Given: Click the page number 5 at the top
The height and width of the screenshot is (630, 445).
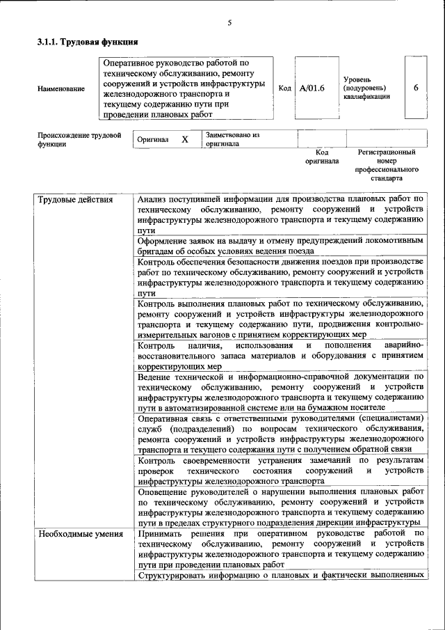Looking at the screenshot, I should tap(229, 24).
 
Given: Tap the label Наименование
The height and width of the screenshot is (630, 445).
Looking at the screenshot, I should tap(62, 89).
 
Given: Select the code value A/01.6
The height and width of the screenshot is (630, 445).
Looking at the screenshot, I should tap(312, 88).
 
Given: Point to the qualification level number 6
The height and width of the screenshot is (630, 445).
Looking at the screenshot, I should tap(416, 88).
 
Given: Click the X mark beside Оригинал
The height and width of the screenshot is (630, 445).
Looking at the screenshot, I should tap(185, 139).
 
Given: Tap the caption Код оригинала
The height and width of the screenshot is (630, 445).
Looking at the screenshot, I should tap(322, 157).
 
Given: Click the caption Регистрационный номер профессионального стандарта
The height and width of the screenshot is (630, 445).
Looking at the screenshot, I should tap(386, 165).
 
